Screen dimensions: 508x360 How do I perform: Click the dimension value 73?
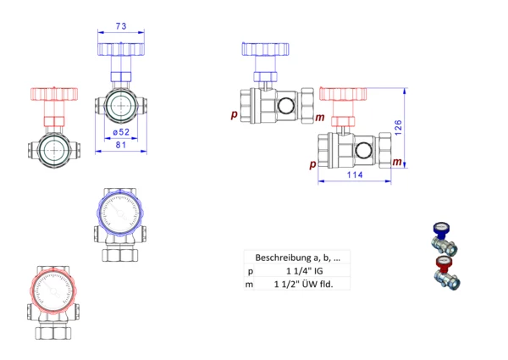(121, 26)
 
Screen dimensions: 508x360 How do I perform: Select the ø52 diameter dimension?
(121, 132)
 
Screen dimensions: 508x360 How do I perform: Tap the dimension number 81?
(121, 145)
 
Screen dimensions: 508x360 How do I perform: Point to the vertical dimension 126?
(399, 127)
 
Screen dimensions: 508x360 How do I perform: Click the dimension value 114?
(355, 174)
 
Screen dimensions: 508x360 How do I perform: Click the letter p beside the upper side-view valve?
(234, 114)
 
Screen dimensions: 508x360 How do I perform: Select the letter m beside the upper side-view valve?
(320, 117)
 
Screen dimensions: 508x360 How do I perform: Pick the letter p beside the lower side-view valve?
(312, 164)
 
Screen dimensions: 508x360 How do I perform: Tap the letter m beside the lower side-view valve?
(397, 162)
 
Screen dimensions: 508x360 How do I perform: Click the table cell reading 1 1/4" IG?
(305, 271)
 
